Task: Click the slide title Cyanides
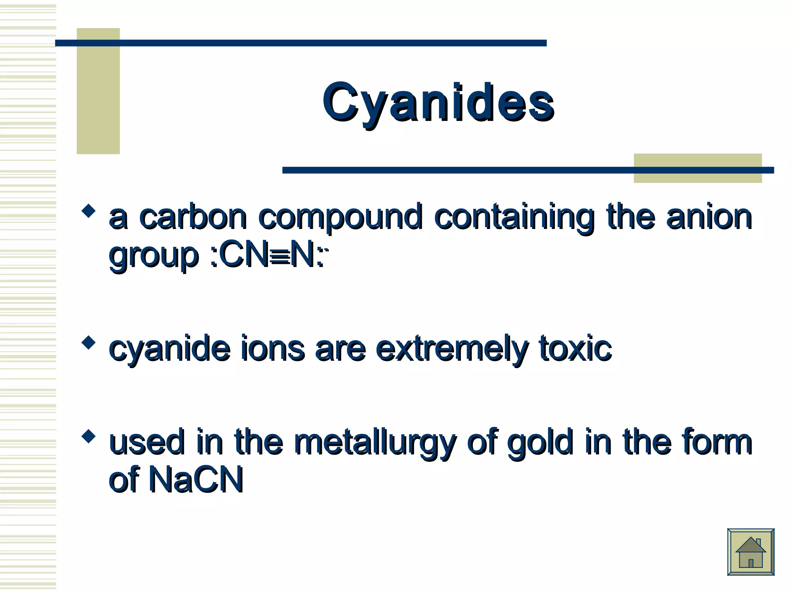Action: pyautogui.click(x=438, y=103)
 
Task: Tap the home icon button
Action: pyautogui.click(x=751, y=552)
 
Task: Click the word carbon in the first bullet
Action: pyautogui.click(x=193, y=217)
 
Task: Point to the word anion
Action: pyautogui.click(x=709, y=217)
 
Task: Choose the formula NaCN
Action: pyautogui.click(x=196, y=480)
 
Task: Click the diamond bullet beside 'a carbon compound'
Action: pyautogui.click(x=89, y=211)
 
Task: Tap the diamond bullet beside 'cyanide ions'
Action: pyautogui.click(x=89, y=343)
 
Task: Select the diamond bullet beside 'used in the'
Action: pyautogui.click(x=89, y=436)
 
